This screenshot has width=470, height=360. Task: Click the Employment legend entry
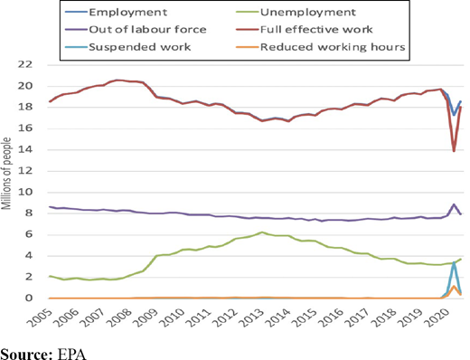[116, 12]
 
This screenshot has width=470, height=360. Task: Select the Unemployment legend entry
[296, 12]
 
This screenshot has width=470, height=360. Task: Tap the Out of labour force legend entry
[136, 29]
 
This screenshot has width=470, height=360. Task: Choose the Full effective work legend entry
[305, 29]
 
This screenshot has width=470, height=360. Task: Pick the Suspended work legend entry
[128, 47]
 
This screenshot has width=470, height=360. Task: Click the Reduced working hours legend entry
[321, 47]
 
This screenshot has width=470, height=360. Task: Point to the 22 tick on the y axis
[24, 64]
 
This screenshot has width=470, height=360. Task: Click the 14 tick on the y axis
[24, 150]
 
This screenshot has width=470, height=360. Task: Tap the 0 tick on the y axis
[29, 298]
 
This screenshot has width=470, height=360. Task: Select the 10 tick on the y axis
[24, 193]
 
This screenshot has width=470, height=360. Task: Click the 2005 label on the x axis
[39, 317]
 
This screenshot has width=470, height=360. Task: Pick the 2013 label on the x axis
[252, 317]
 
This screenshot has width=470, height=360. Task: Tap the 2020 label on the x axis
[439, 317]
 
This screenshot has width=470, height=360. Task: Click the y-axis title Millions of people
[6, 174]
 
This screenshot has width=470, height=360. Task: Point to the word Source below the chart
[26, 354]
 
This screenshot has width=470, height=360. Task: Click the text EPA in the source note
[71, 354]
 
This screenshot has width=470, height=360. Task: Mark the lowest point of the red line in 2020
[454, 151]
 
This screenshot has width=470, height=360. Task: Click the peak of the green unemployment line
[262, 232]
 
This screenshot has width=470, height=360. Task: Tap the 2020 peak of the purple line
[454, 204]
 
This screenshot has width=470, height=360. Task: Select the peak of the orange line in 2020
[454, 286]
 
